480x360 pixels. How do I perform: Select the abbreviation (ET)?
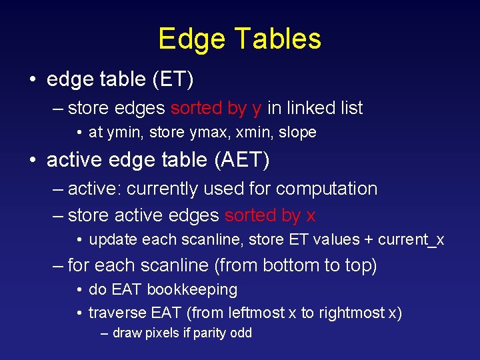(172, 80)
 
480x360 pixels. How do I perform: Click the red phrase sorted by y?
(216, 108)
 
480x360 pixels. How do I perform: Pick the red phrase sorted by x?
(270, 215)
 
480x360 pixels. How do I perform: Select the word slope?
(297, 133)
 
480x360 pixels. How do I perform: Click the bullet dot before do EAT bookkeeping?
(79, 290)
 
